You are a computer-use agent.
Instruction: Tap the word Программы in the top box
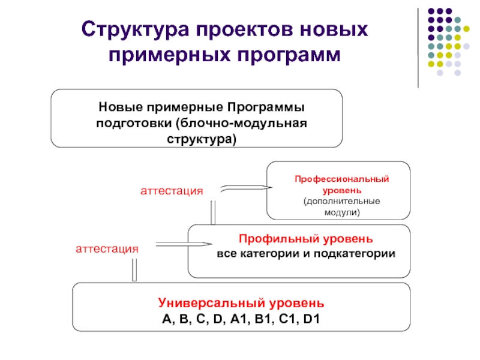tap(266, 107)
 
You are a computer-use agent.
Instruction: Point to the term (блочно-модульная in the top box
tap(241, 124)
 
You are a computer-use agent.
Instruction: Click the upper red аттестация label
tap(172, 191)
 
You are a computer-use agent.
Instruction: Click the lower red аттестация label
tap(107, 249)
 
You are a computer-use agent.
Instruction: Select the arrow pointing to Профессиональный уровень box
tap(246, 188)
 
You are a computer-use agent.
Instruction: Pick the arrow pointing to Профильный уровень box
tap(184, 244)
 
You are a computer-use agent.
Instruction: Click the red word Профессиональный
tap(341, 179)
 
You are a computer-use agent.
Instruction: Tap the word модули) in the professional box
tap(342, 212)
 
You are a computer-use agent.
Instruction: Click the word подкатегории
tap(355, 254)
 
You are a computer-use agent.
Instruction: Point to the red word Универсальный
tap(212, 303)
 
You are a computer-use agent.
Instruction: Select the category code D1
tap(311, 319)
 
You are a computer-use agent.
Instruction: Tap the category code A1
tap(238, 319)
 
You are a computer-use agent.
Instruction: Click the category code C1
tap(287, 319)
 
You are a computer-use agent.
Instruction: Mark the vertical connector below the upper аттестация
tap(213, 212)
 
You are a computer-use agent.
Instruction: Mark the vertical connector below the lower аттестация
tap(134, 269)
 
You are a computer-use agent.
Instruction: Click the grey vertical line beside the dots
tap(418, 48)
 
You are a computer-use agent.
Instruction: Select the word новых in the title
tap(334, 30)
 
